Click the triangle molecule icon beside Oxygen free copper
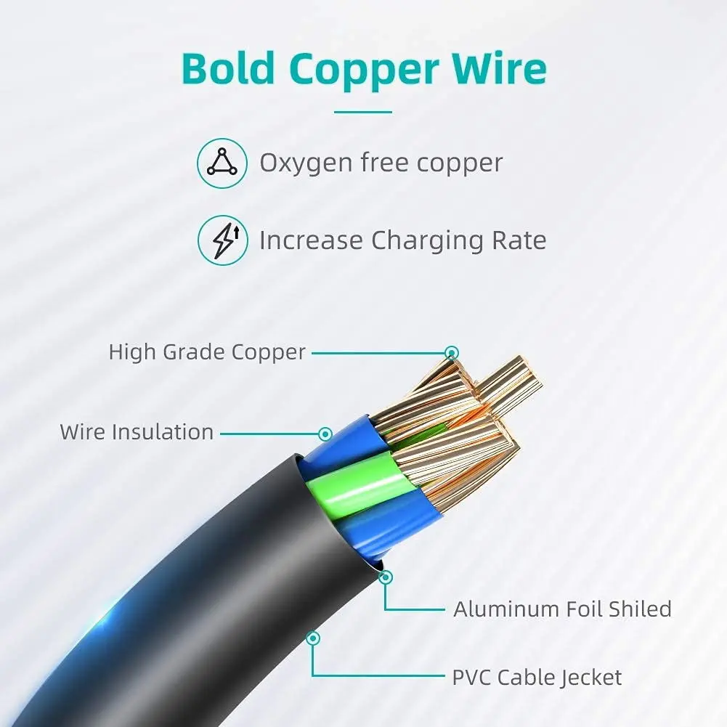coord(222,163)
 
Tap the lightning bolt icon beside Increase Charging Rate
coord(222,240)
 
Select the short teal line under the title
coord(362,112)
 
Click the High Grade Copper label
coord(207,352)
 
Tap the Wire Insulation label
coord(137,432)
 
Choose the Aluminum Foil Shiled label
coord(562,609)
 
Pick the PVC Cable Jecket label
coord(537,678)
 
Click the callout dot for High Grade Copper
coord(452,352)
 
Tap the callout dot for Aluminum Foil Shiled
coord(386,577)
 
